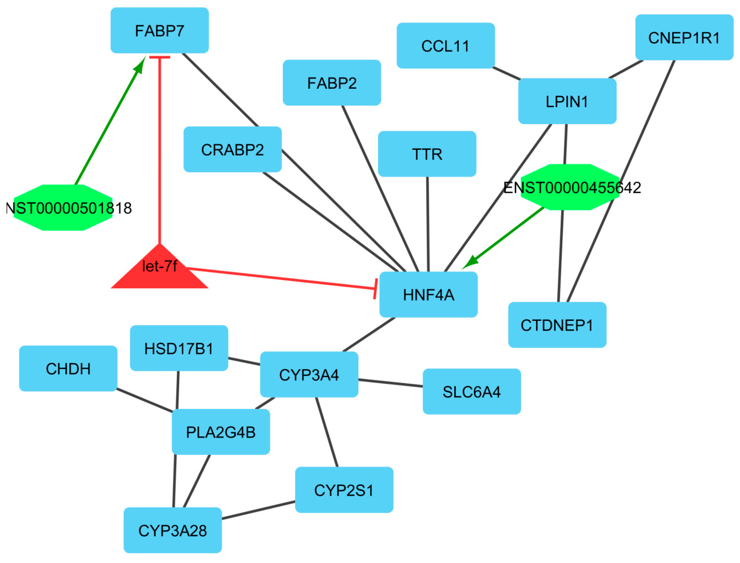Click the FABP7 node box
pyautogui.click(x=159, y=31)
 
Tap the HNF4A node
pyautogui.click(x=428, y=295)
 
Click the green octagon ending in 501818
pyautogui.click(x=63, y=208)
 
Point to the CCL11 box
pyautogui.click(x=445, y=46)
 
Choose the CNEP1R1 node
pyautogui.click(x=684, y=38)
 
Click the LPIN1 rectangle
pyautogui.click(x=567, y=101)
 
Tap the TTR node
pyautogui.click(x=427, y=154)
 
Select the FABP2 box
pyautogui.click(x=332, y=83)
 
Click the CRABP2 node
pyautogui.click(x=233, y=149)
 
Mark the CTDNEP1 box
pyautogui.click(x=557, y=325)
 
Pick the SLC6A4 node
pyautogui.click(x=472, y=392)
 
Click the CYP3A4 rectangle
pyautogui.click(x=309, y=375)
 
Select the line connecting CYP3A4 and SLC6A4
pyautogui.click(x=391, y=383)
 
